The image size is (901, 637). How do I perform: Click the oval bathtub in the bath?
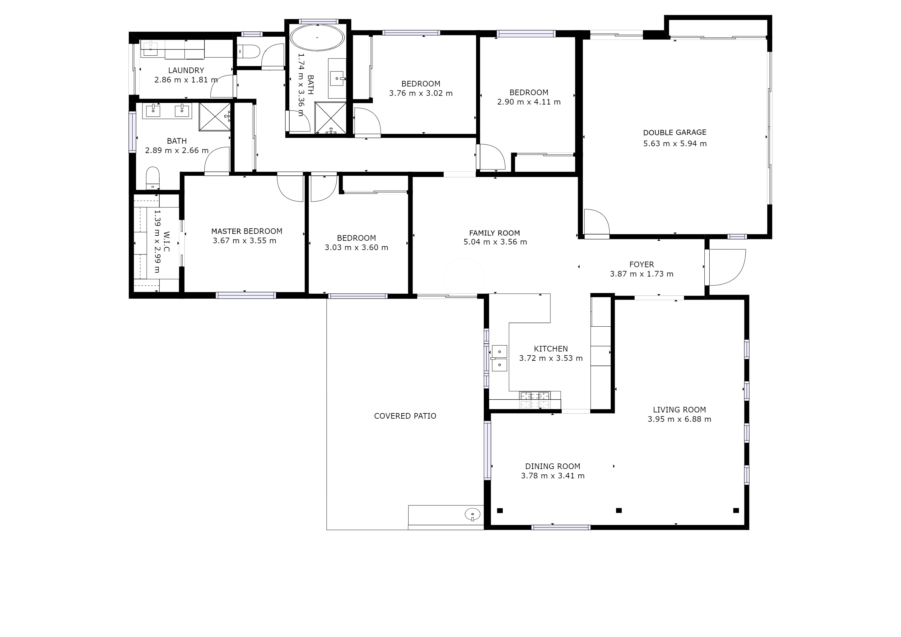pyautogui.click(x=317, y=38)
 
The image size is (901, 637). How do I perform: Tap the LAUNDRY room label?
pyautogui.click(x=186, y=71)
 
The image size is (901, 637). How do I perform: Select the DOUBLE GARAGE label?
pyautogui.click(x=675, y=133)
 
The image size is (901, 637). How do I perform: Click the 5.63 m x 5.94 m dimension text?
pyautogui.click(x=675, y=144)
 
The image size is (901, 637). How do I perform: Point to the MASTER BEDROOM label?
pyautogui.click(x=246, y=231)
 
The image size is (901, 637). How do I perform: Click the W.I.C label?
pyautogui.click(x=166, y=242)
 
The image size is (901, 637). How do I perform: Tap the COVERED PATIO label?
pyautogui.click(x=405, y=416)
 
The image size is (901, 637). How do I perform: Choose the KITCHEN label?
pyautogui.click(x=551, y=349)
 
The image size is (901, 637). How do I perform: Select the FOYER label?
pyautogui.click(x=642, y=265)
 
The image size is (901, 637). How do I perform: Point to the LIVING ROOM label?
pyautogui.click(x=679, y=410)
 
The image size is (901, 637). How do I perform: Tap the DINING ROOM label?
pyautogui.click(x=553, y=466)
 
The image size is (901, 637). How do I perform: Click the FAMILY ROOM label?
pyautogui.click(x=494, y=233)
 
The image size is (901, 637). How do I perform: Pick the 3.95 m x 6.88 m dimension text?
pyautogui.click(x=679, y=419)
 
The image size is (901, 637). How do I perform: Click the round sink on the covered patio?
pyautogui.click(x=473, y=514)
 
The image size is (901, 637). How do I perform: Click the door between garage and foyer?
pyautogui.click(x=596, y=224)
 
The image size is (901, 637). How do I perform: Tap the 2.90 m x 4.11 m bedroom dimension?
pyautogui.click(x=529, y=102)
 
